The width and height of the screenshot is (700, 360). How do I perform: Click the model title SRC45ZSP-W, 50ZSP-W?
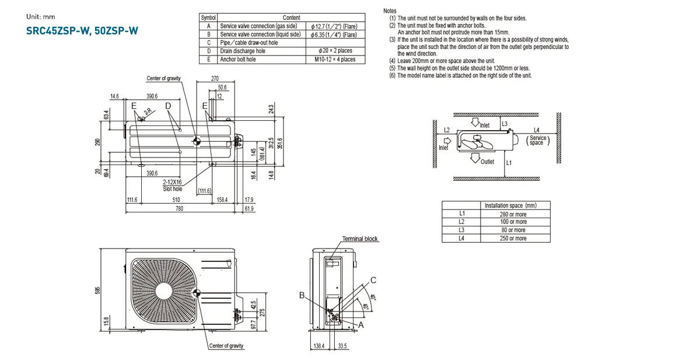coord(82,31)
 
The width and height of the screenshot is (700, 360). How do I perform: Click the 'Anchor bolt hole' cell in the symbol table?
coord(237,60)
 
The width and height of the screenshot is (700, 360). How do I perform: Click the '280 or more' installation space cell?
coord(513,214)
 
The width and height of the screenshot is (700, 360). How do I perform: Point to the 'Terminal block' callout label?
coord(360,239)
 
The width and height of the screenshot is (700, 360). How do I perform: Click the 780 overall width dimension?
coord(179,208)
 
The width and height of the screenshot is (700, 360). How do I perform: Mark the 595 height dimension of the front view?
coord(99,290)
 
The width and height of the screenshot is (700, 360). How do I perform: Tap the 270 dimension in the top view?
coord(215,79)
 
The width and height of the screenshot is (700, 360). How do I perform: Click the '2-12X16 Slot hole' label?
coord(173,186)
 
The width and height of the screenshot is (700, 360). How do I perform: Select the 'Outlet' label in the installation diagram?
coord(487,162)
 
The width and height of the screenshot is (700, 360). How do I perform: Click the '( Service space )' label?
coord(537,141)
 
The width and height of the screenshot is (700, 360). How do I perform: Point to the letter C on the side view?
coord(373,280)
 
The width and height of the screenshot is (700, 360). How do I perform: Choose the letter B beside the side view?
coord(302,296)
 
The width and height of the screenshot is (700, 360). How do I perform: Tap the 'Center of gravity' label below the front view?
coord(226,346)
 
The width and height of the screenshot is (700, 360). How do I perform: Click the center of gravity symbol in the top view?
coord(197,141)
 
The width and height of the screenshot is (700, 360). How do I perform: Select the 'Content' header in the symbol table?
coord(291,18)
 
